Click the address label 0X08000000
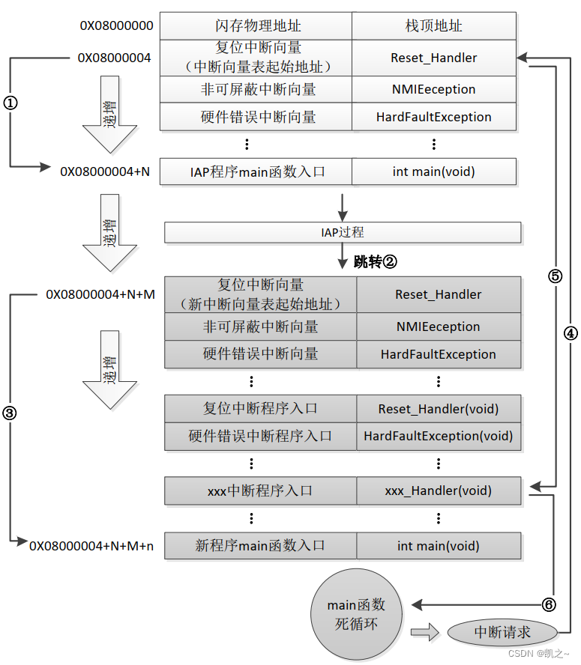pos(117,25)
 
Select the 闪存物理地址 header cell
pos(256,25)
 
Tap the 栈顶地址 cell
pos(433,25)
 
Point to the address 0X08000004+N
pos(105,171)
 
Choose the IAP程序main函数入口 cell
pos(256,171)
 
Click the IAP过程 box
pos(342,233)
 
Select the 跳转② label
pos(375,262)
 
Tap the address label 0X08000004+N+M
pos(100,294)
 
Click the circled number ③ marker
pos(10,413)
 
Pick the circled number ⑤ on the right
pos(555,276)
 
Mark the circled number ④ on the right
pos(571,333)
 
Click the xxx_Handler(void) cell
pos(438,491)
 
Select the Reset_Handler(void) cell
pos(438,409)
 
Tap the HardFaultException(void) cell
pos(438,436)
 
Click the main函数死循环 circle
pos(356,615)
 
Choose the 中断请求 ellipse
pos(502,632)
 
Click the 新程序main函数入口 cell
pos(260,546)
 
